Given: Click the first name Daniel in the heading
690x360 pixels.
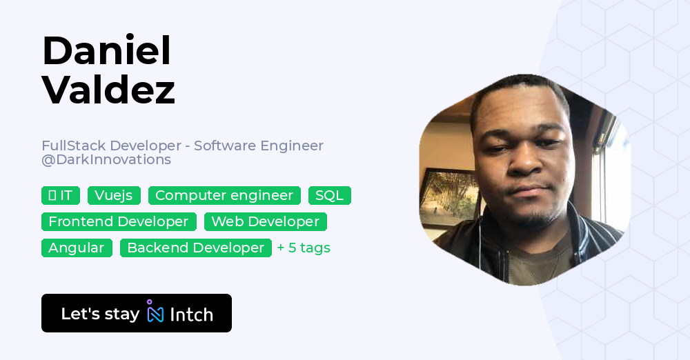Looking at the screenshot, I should pos(106,50).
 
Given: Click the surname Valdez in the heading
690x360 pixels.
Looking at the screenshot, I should pos(108,90).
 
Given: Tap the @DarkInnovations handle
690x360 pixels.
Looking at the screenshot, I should pos(106,160).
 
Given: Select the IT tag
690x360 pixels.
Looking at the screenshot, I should pos(61,196).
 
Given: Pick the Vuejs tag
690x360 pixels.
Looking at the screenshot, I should pos(114,196).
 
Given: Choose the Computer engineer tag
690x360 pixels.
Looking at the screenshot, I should pos(224,196).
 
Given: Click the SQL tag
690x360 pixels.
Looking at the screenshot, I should pos(329,196).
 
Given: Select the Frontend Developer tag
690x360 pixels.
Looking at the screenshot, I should pos(119,222).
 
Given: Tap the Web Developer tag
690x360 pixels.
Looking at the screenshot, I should pos(265,222).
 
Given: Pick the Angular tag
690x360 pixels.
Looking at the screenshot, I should pos(77,248).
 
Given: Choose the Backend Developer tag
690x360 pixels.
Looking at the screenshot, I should pos(195,248).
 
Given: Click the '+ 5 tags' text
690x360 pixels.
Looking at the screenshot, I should pos(304,248).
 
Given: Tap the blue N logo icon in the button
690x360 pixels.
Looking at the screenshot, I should pos(155,313).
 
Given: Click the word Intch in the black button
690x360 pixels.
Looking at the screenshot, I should pos(191,314).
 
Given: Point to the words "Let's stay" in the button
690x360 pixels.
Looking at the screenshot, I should pos(100,314).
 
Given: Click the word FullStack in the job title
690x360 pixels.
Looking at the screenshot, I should pos(73,146).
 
